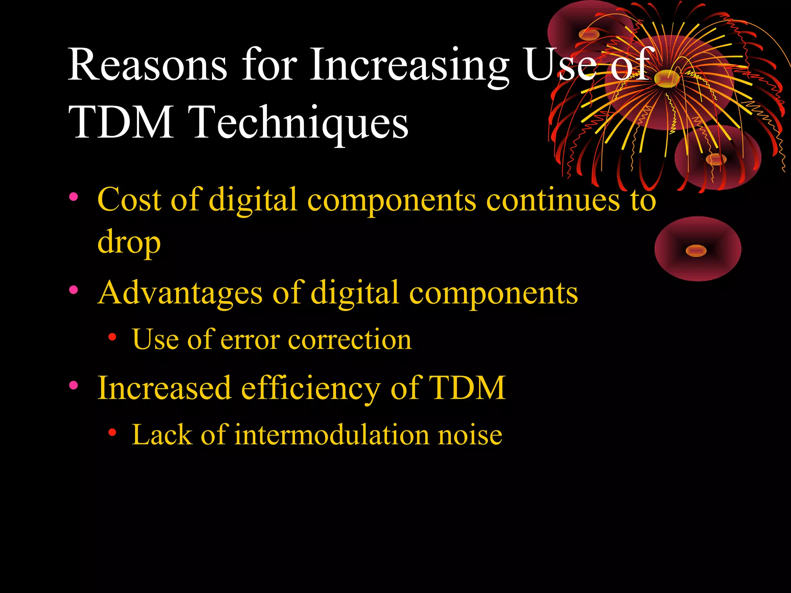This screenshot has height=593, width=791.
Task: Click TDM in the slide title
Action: pyautogui.click(x=121, y=122)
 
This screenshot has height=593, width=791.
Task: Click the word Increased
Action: pyautogui.click(x=165, y=388)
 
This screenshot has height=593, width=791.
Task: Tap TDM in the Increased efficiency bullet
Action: pyautogui.click(x=467, y=388)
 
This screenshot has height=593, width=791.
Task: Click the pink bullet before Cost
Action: pyautogui.click(x=73, y=197)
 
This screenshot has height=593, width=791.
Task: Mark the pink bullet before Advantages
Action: pyautogui.click(x=73, y=290)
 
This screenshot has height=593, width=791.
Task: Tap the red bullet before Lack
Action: pyautogui.click(x=112, y=432)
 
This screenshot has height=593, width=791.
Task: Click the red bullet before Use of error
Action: pyautogui.click(x=112, y=337)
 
